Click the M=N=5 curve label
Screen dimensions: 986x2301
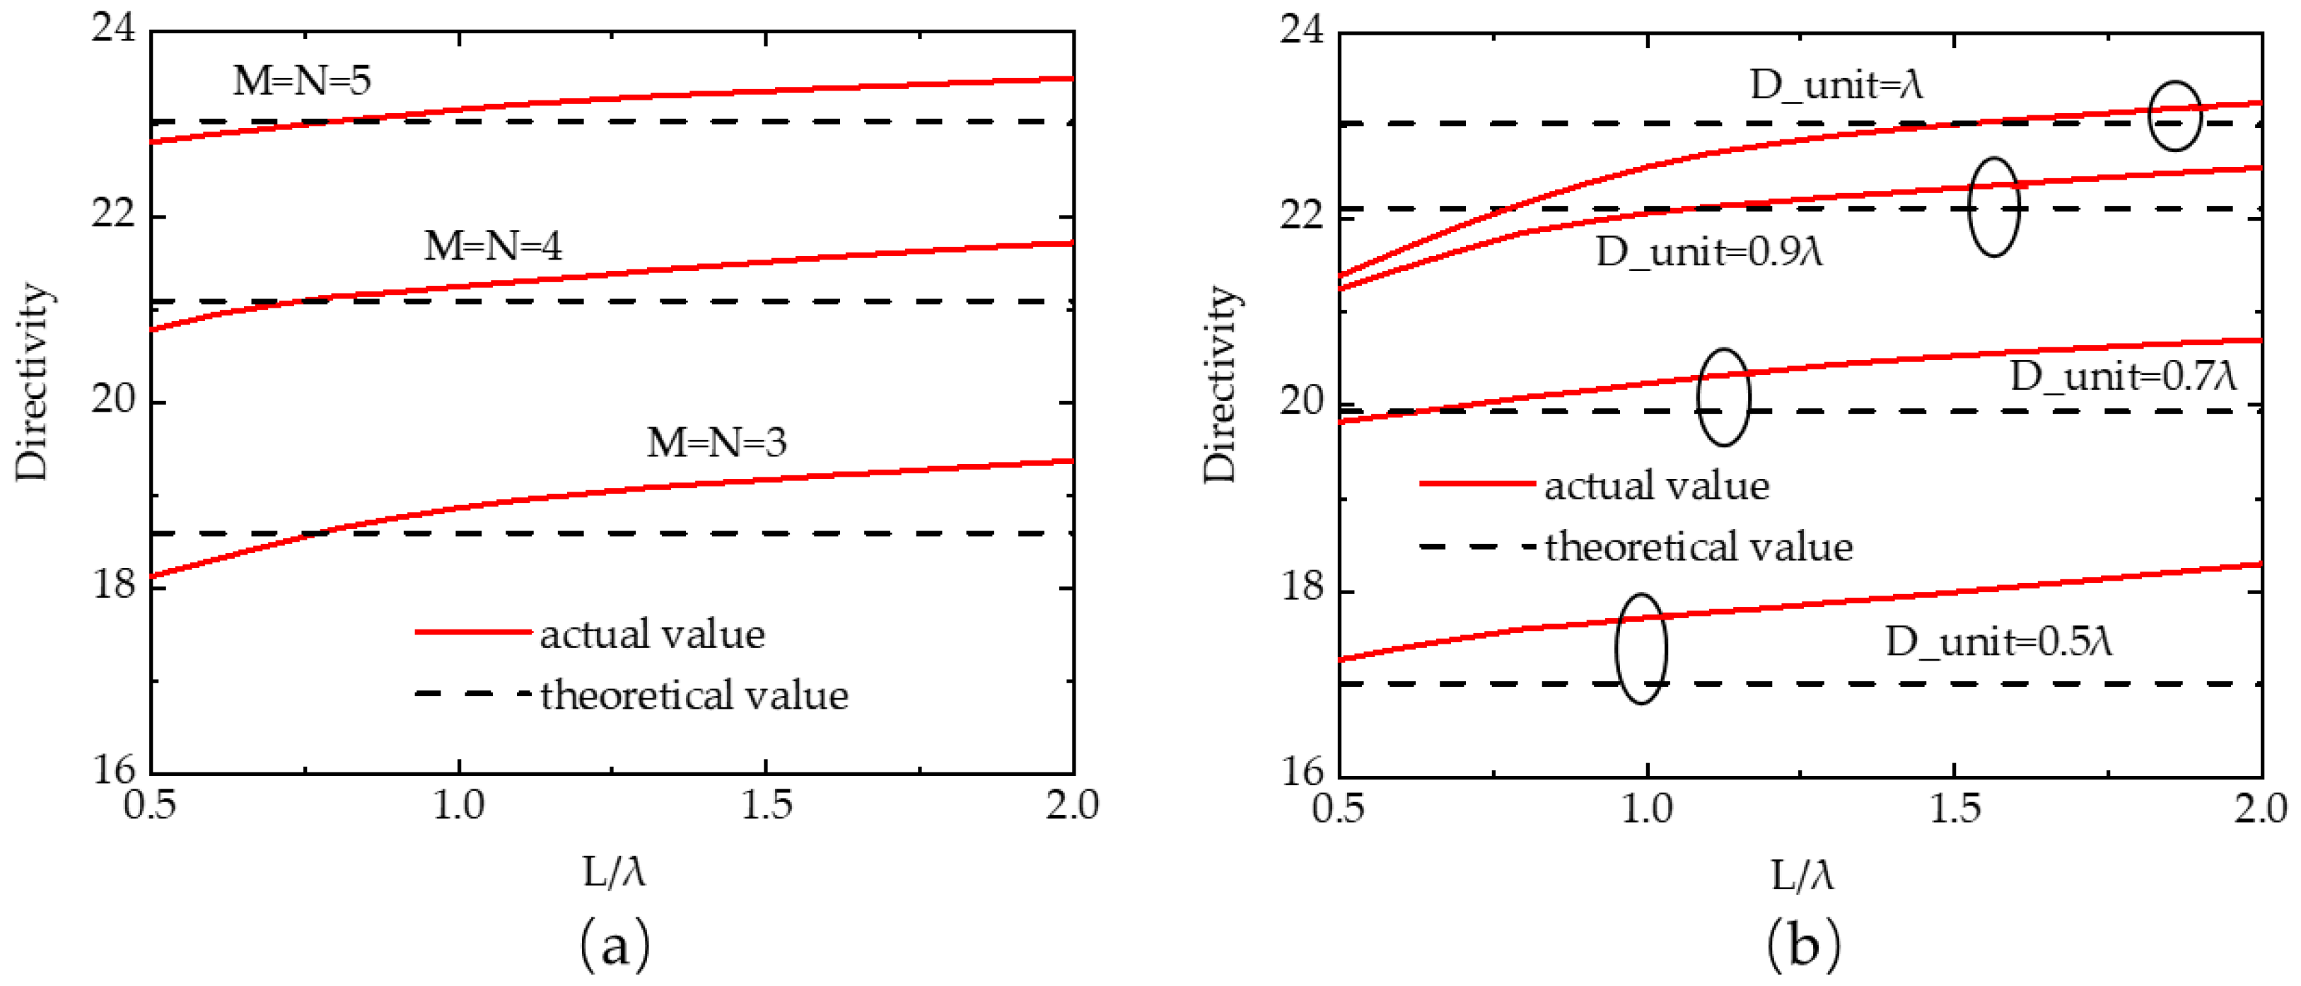pyautogui.click(x=302, y=81)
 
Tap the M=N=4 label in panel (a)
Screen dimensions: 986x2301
pyautogui.click(x=493, y=246)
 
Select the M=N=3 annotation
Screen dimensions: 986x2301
pyautogui.click(x=716, y=443)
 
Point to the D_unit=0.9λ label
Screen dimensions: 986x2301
pyautogui.click(x=1708, y=253)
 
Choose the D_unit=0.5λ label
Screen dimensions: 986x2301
pyautogui.click(x=1999, y=642)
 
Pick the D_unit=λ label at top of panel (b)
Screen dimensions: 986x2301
pyautogui.click(x=1836, y=85)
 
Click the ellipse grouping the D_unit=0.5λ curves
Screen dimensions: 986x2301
pyautogui.click(x=1641, y=649)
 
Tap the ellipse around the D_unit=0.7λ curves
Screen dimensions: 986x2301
pyautogui.click(x=1723, y=398)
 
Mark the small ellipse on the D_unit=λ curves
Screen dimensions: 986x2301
pyautogui.click(x=2175, y=116)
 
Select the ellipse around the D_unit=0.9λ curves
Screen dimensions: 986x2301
pyautogui.click(x=1993, y=207)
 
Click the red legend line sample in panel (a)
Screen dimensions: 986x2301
pyautogui.click(x=473, y=632)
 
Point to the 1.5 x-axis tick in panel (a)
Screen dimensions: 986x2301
pyautogui.click(x=767, y=806)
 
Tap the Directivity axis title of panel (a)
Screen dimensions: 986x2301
pyautogui.click(x=33, y=382)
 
